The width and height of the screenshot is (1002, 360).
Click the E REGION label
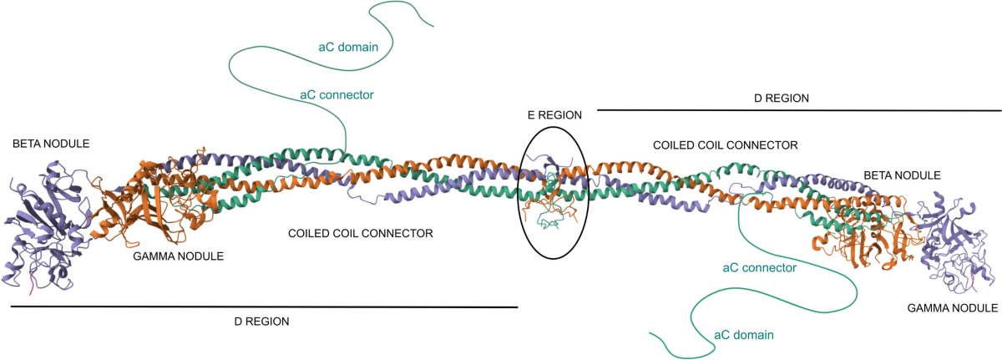point(554,114)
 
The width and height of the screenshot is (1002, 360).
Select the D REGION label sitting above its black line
point(782,98)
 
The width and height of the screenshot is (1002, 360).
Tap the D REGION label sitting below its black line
point(261,321)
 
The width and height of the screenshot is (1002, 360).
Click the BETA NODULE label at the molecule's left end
point(50,145)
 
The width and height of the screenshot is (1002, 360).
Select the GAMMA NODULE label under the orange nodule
point(178,256)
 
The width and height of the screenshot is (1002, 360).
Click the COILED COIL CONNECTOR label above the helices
point(726,145)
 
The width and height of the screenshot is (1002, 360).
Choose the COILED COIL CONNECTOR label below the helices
point(361,234)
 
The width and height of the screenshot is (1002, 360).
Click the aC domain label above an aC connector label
point(349,47)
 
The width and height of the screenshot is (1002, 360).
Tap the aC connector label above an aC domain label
point(758,268)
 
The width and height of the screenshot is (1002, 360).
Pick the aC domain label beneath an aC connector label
point(743,335)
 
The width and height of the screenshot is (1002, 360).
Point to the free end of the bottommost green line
point(650,334)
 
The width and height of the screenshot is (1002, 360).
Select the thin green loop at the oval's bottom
point(547,224)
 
